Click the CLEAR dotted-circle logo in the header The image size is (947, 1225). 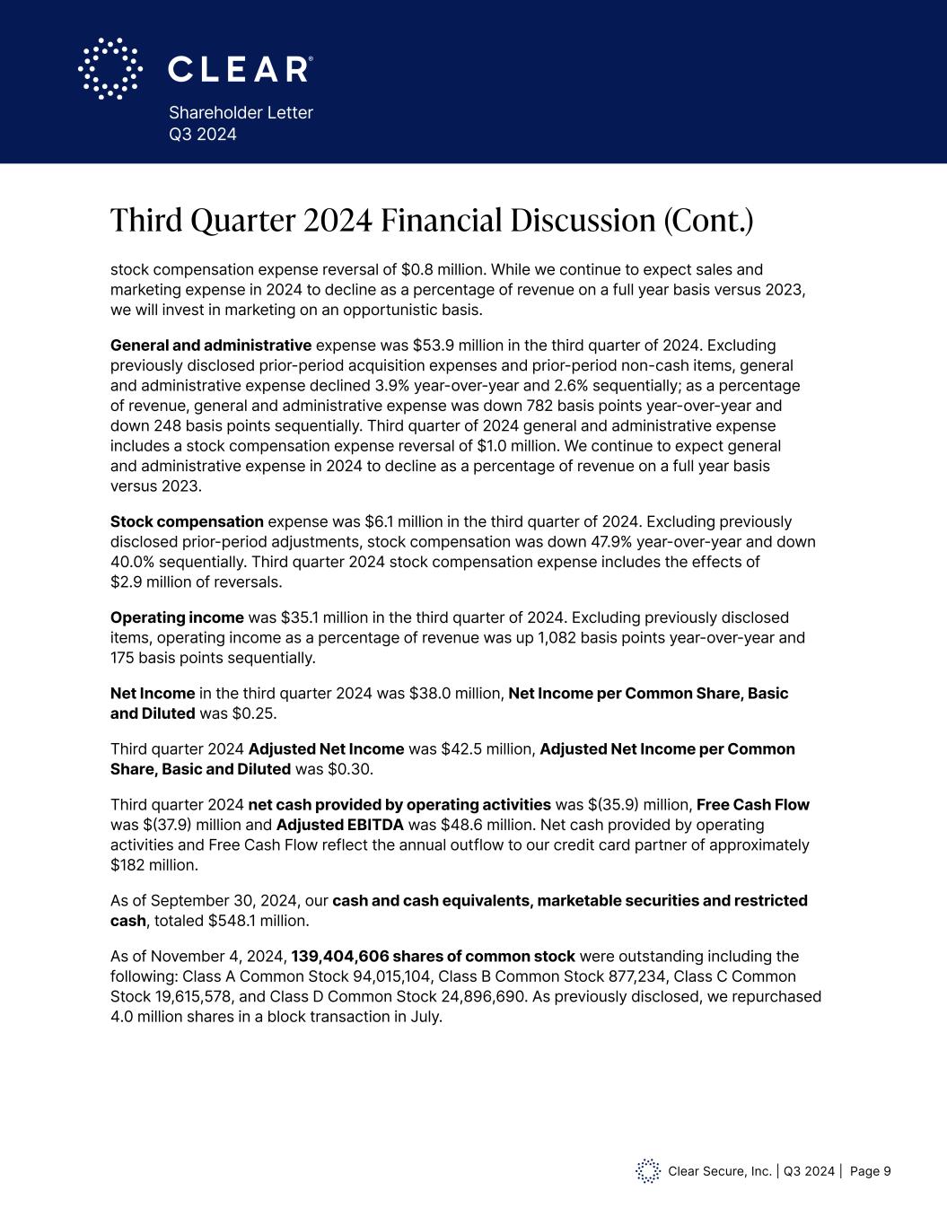pyautogui.click(x=110, y=68)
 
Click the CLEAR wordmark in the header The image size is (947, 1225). pyautogui.click(x=241, y=69)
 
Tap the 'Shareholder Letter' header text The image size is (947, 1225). pyautogui.click(x=241, y=112)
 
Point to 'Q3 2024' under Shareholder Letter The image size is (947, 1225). pyautogui.click(x=203, y=135)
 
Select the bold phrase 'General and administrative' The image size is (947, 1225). pyautogui.click(x=210, y=346)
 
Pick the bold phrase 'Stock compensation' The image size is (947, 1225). pyautogui.click(x=187, y=521)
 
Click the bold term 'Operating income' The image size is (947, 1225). pyautogui.click(x=177, y=617)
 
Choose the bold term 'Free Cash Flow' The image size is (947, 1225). pyautogui.click(x=752, y=805)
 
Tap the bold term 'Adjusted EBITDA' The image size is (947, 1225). pyautogui.click(x=339, y=825)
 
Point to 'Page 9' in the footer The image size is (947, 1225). pyautogui.click(x=870, y=1171)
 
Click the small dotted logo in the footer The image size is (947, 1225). pyautogui.click(x=648, y=1171)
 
